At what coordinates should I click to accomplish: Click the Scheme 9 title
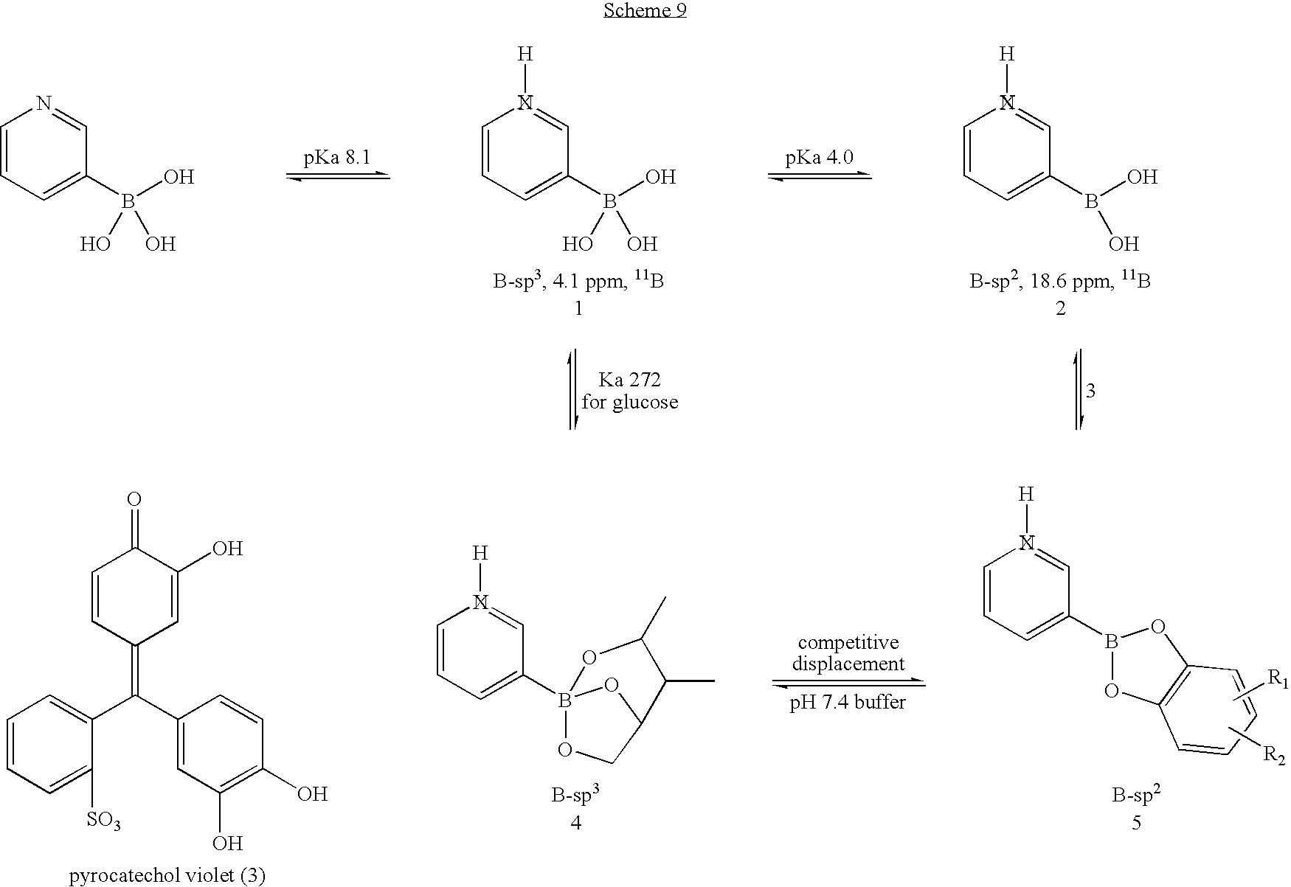(645, 11)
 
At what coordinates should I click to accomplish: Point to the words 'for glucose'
(629, 403)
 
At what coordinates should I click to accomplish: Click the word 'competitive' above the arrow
(848, 642)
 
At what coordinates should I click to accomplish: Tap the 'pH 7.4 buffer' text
(848, 702)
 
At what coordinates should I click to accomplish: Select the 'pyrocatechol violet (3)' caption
(167, 876)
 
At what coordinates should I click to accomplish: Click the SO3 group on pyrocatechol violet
(103, 820)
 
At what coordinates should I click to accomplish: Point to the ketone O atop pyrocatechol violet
(134, 500)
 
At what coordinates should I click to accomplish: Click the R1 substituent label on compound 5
(1276, 681)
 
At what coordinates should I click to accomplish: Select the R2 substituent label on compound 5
(1276, 754)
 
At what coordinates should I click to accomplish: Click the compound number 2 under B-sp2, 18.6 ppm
(1060, 308)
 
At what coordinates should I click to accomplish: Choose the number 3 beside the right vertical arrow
(1091, 391)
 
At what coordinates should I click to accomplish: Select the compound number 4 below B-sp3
(576, 823)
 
